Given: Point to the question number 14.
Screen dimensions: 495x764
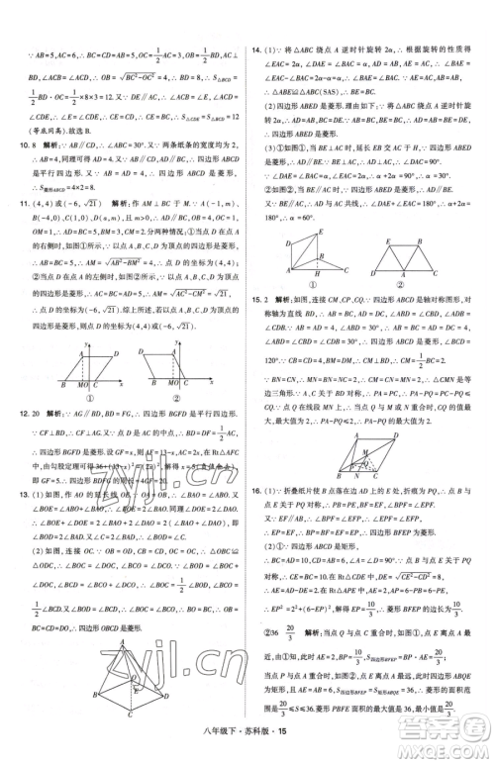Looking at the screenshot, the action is coord(257,48).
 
